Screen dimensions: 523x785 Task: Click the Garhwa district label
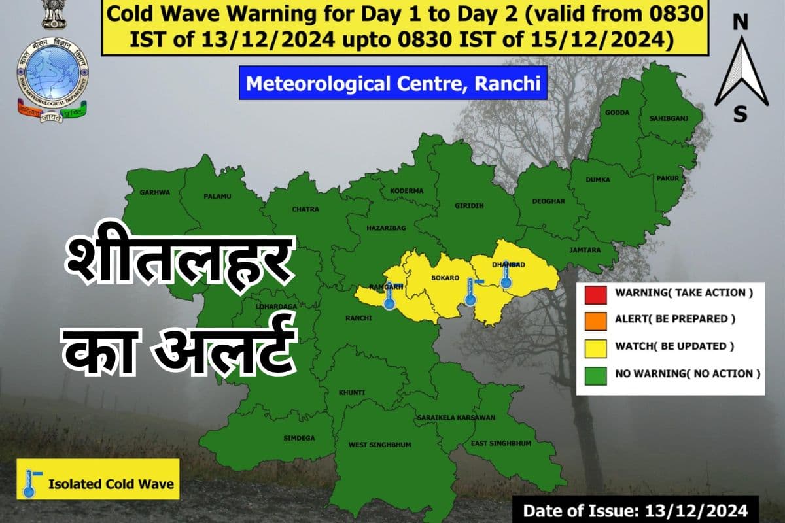[154, 192]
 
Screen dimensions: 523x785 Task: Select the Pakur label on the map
[669, 178]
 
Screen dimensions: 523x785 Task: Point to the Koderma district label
[407, 190]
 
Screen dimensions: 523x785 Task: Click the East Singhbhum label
[502, 444]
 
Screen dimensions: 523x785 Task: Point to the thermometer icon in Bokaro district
[470, 291]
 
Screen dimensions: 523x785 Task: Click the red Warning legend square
[595, 293]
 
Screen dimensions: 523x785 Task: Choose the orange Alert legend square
[595, 320]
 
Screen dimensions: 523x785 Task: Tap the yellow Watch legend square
[595, 346]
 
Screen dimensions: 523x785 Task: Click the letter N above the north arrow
[740, 24]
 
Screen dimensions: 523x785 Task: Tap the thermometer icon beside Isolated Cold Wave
[30, 483]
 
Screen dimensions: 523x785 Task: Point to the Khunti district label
[351, 392]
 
